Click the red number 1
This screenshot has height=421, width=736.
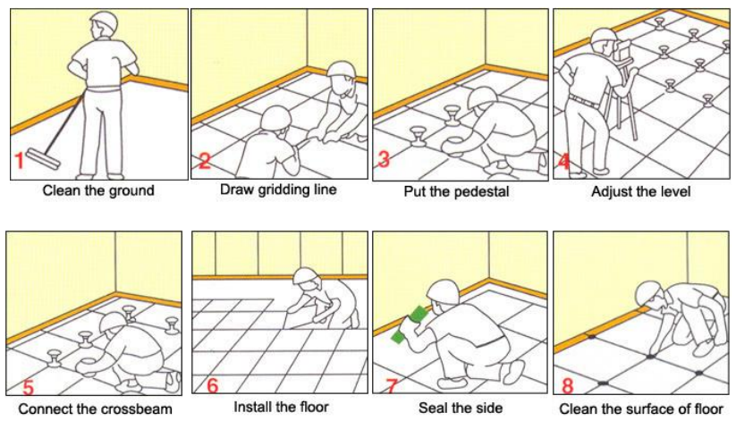click(19, 162)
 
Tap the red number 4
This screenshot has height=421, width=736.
click(564, 162)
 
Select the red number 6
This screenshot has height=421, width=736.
click(212, 385)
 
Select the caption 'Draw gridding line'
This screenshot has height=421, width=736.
click(278, 189)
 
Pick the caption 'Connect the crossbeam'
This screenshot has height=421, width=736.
click(95, 409)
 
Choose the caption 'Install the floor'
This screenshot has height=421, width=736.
click(282, 407)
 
